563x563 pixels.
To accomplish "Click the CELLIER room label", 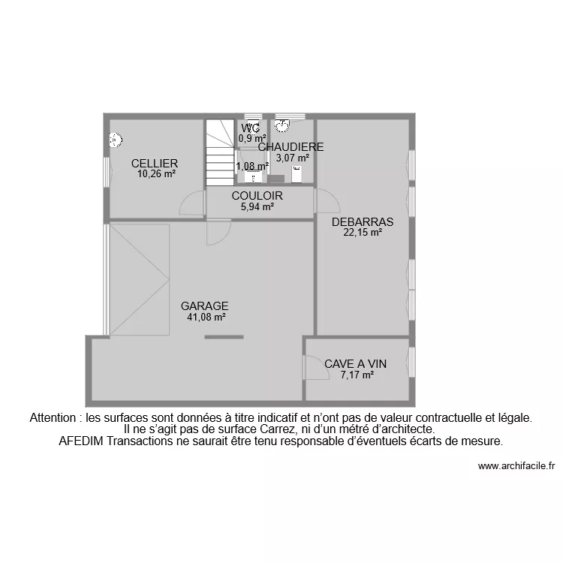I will tap(154, 164).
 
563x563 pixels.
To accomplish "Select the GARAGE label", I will tap(204, 306).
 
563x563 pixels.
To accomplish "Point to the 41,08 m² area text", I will tap(206, 317).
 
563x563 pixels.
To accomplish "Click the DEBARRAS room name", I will tap(363, 222).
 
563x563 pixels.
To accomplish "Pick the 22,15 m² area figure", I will tap(363, 233).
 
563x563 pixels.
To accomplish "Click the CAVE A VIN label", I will tap(355, 364).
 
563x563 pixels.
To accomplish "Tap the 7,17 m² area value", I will tap(357, 375).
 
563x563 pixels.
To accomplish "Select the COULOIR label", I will tap(257, 196).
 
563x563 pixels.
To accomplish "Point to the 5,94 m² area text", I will tap(257, 206).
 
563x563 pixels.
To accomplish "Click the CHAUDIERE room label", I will tap(291, 147).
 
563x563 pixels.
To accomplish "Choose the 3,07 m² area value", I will tap(292, 158).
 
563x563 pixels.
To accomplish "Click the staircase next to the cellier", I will tap(221, 153).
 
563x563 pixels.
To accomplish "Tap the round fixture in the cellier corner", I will tap(116, 140).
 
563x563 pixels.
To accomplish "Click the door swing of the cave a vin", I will tap(312, 366).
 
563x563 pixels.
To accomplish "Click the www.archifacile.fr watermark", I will tap(516, 466).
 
